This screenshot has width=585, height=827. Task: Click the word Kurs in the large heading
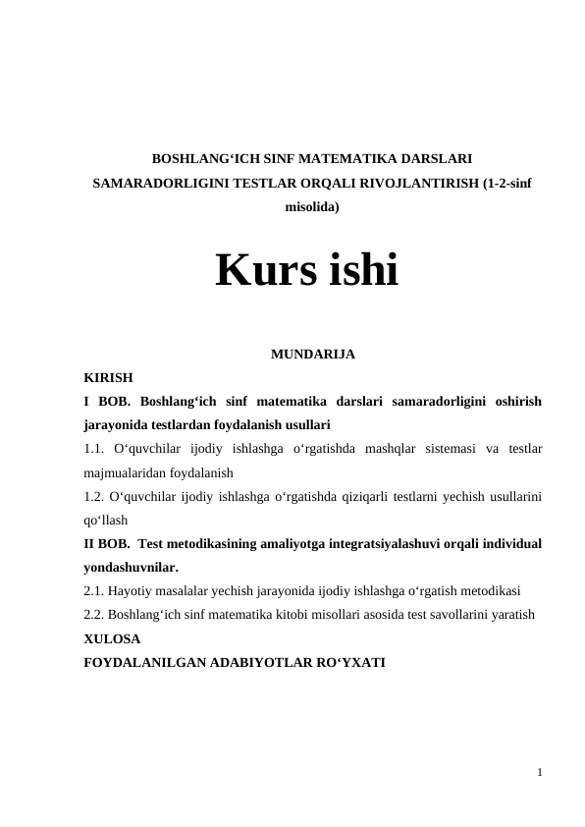tap(256, 271)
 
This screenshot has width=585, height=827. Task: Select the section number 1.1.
tap(93, 449)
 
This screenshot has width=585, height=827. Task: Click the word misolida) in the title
tap(312, 208)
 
